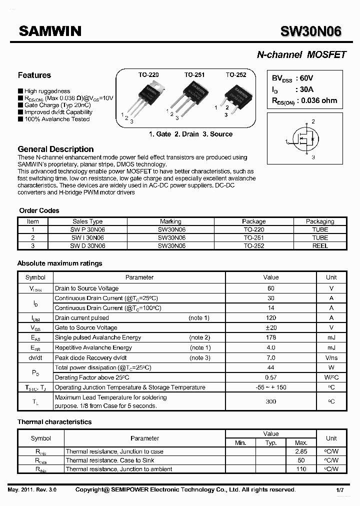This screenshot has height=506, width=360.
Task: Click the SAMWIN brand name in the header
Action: coord(50,31)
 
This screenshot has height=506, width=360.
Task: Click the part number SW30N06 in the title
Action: coord(311,31)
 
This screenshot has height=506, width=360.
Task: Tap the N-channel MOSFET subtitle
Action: coord(301,54)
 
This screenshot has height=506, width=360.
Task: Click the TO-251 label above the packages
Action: coord(194,75)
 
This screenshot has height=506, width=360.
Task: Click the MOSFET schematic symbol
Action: coord(305,140)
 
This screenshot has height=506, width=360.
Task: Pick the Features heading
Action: coord(34,75)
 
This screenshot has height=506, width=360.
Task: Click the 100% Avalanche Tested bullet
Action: coord(56,119)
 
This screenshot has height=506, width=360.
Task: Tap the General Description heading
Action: coord(55,149)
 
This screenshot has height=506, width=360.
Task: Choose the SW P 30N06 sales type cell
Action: coord(87,229)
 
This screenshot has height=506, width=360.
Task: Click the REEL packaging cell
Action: coord(320,245)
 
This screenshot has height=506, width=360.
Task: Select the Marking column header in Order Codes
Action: coord(171,221)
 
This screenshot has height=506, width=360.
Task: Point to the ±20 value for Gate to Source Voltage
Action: coord(271,327)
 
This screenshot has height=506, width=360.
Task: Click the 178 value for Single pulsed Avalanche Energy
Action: coord(271,337)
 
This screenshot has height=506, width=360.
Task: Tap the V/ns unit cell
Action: coord(331,357)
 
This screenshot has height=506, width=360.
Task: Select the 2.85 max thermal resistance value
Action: coord(301,451)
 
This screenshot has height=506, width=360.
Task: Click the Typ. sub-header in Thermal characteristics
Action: coord(271,443)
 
